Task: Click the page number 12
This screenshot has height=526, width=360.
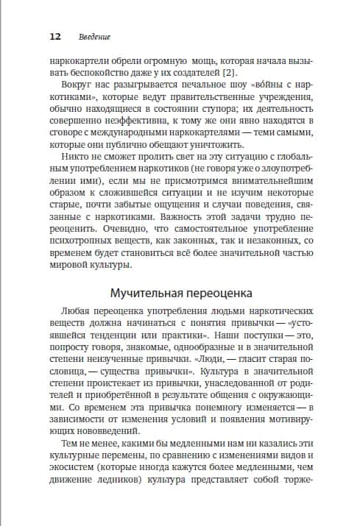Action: (55, 36)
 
